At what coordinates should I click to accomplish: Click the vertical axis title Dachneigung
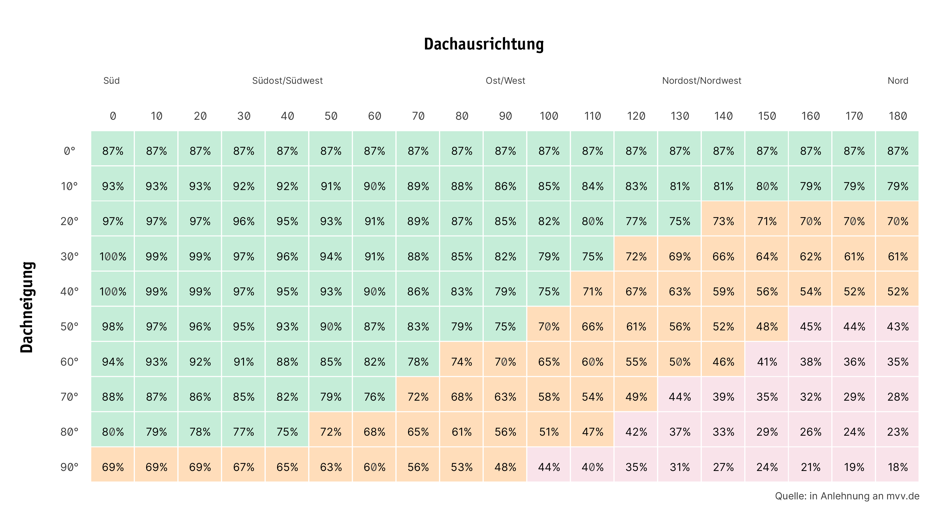[27, 307]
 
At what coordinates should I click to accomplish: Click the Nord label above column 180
[898, 81]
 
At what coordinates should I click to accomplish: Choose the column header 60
[374, 116]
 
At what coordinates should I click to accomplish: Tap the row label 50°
[69, 326]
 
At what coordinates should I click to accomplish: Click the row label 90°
[69, 467]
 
